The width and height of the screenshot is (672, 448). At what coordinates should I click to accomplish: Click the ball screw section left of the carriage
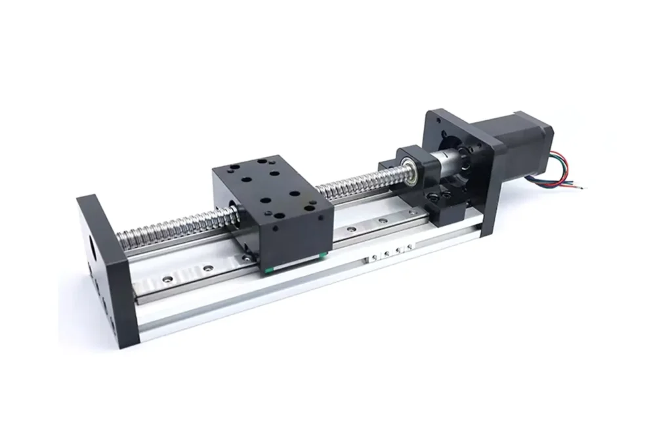coord(171,227)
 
